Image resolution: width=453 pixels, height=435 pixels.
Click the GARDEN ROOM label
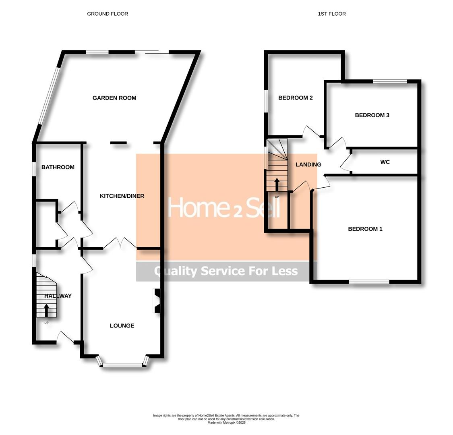114,98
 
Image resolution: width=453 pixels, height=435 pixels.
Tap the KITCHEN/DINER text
122,196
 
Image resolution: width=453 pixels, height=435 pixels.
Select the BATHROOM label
58,167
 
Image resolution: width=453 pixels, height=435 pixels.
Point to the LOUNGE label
122,326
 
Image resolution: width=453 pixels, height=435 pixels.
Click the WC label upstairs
385,162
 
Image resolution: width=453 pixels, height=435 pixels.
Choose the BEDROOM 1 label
365,229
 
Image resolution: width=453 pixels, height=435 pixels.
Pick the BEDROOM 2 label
295,98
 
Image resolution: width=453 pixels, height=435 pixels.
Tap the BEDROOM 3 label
372,115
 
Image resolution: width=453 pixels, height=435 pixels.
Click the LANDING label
308,165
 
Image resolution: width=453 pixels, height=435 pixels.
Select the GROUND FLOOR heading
108,14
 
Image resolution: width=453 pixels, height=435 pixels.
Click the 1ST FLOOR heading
332,14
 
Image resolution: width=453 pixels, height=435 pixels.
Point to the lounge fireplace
157,300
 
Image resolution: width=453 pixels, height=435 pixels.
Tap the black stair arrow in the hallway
46,311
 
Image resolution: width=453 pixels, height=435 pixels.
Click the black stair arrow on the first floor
277,185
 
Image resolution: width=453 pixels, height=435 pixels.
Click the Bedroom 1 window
369,282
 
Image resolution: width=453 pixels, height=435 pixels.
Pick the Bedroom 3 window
390,81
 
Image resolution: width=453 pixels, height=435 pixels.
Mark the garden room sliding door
152,52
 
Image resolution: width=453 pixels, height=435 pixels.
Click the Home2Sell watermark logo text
224,207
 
